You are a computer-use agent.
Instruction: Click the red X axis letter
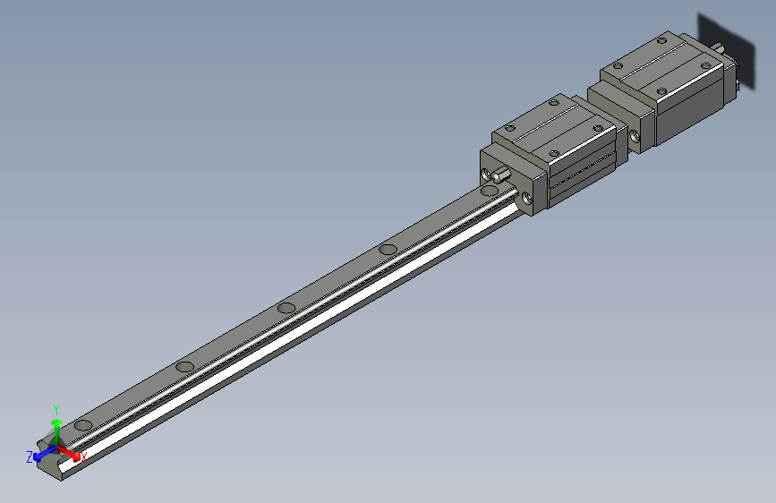click(83, 457)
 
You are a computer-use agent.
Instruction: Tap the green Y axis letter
click(56, 407)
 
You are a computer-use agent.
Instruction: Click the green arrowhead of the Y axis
click(56, 422)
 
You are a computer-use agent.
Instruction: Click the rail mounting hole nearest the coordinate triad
click(84, 424)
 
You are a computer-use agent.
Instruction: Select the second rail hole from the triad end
click(185, 366)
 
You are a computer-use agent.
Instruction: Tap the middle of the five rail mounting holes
click(286, 308)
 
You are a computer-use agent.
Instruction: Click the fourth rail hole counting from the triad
click(388, 249)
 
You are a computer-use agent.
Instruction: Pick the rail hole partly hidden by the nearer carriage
click(489, 191)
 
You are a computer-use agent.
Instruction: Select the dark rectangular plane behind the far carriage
click(727, 40)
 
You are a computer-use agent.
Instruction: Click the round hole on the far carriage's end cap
click(635, 137)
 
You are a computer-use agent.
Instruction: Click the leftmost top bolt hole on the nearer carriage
click(510, 128)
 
